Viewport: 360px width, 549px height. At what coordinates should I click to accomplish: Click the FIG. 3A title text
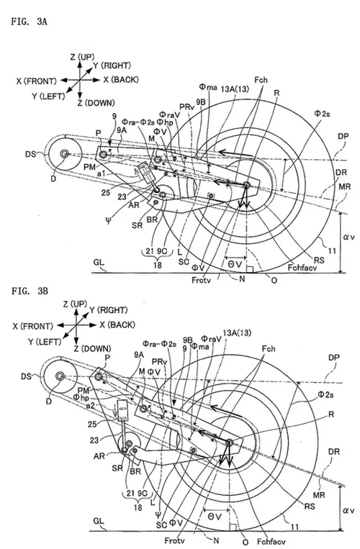(27, 20)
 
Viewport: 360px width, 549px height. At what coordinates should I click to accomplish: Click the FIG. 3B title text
(27, 293)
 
